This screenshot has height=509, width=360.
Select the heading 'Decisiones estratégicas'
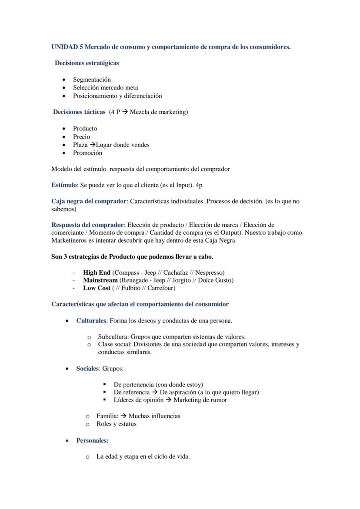(x=87, y=63)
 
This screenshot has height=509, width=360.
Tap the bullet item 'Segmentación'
(x=92, y=80)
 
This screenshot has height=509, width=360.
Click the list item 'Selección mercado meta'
(x=105, y=88)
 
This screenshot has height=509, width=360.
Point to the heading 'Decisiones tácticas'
(x=79, y=112)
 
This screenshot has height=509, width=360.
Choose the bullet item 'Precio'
(x=81, y=137)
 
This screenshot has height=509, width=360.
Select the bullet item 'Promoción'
(x=87, y=153)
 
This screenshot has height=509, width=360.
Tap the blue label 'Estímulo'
(x=64, y=185)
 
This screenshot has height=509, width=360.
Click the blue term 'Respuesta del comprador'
(x=87, y=225)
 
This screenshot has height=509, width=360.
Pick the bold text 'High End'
(x=97, y=273)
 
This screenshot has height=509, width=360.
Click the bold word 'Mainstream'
(x=100, y=280)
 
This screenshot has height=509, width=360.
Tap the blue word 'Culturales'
(x=91, y=321)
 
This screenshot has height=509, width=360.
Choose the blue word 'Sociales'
(x=87, y=369)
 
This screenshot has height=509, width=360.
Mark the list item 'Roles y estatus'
(x=116, y=424)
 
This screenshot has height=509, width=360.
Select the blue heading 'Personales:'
(x=92, y=441)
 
